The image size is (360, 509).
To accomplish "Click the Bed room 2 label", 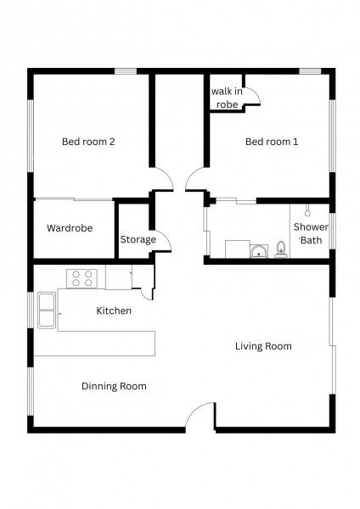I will (88, 142).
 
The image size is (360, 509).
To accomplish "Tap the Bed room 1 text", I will (272, 142).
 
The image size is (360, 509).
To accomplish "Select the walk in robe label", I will (227, 98).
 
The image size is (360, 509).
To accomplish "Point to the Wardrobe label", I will (70, 228).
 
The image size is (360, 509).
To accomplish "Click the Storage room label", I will (138, 239).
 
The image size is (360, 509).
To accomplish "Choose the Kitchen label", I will (114, 310).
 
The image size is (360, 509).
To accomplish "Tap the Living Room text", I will (263, 345).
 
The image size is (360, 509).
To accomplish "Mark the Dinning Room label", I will (114, 386).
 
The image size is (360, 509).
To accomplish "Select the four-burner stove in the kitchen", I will (83, 277).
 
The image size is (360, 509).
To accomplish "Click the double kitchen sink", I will (45, 310).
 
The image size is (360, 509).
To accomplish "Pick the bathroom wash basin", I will (257, 250).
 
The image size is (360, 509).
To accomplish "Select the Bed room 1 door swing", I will (195, 181).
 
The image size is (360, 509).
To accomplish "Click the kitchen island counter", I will (95, 343).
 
